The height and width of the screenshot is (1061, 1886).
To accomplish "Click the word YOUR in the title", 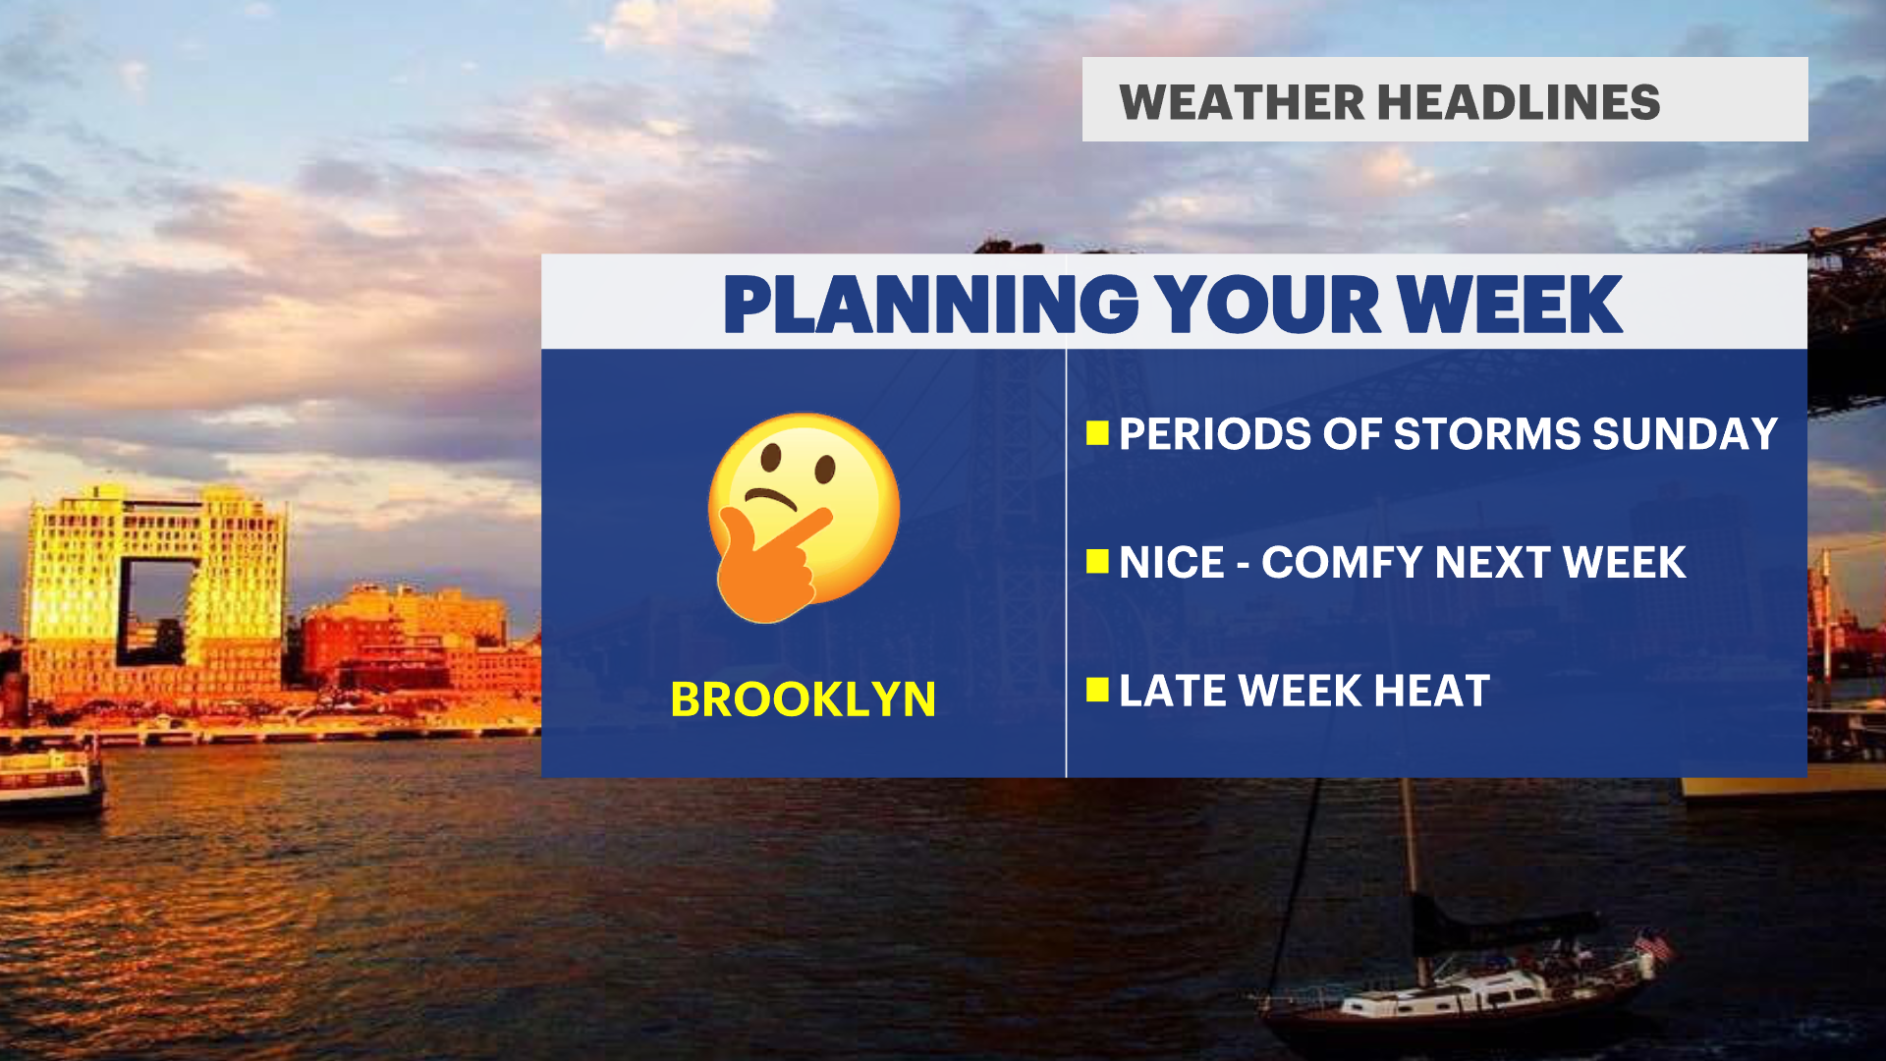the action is (x=1268, y=305).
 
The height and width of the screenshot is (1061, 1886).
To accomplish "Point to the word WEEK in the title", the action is (x=1510, y=305).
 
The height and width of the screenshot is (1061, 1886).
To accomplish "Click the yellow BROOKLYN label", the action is (x=803, y=699).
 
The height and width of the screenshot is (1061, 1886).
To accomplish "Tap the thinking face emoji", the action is (x=804, y=517).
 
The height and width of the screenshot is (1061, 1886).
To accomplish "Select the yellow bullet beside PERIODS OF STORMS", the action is (x=1097, y=433).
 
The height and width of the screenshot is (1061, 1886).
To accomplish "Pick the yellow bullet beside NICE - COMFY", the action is (x=1097, y=562).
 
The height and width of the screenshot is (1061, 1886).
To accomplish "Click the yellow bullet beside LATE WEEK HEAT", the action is (x=1097, y=690).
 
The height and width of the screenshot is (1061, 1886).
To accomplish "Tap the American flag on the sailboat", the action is (x=1654, y=947).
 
